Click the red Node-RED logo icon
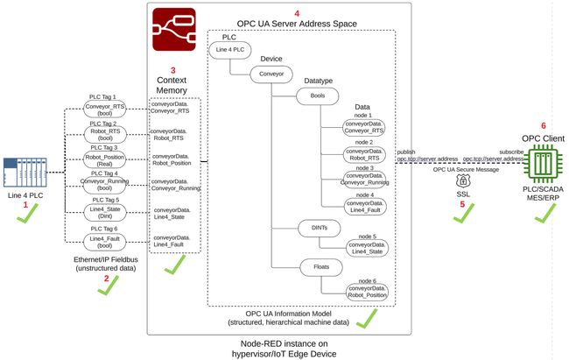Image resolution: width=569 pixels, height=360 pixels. (174, 29)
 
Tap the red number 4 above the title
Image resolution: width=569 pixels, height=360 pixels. (298, 14)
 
